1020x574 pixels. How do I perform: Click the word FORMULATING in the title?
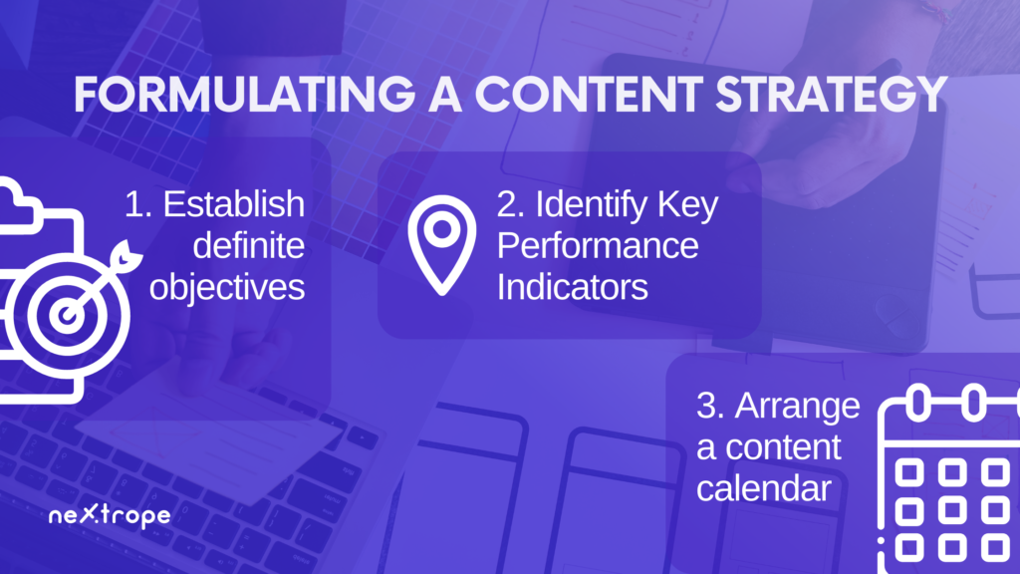[245, 95]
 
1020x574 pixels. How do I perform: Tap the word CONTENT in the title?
[589, 95]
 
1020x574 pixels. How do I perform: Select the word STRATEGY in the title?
[832, 95]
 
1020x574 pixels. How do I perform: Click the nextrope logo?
[110, 515]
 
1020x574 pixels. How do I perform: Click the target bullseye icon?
[65, 315]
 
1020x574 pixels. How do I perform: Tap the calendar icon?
[949, 479]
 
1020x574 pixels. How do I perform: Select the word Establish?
[233, 204]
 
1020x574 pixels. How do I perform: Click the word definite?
[248, 246]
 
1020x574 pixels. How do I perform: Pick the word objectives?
[227, 288]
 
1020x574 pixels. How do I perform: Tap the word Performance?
[598, 246]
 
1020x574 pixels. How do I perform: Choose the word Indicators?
[573, 288]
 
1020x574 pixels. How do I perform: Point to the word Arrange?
[798, 407]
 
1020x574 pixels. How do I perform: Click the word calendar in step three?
[764, 488]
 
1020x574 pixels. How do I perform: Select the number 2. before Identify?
[511, 204]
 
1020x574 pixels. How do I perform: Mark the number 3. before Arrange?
[710, 406]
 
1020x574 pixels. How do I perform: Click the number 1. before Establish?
[137, 204]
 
